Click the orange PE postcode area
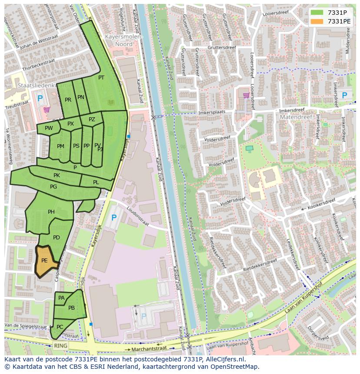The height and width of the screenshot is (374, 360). pyautogui.click(x=45, y=261)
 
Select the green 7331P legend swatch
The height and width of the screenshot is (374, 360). pyautogui.click(x=317, y=12)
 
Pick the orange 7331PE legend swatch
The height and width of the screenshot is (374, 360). pyautogui.click(x=317, y=21)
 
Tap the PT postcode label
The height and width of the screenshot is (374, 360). pyautogui.click(x=101, y=78)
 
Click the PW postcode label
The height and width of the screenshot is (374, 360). pyautogui.click(x=49, y=128)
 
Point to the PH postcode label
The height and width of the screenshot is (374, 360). pyautogui.click(x=51, y=212)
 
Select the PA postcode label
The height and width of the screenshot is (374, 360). pyautogui.click(x=61, y=298)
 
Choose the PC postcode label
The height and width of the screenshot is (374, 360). pyautogui.click(x=60, y=327)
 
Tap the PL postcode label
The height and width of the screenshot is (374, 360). pyautogui.click(x=96, y=182)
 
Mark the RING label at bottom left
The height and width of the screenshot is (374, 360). pyautogui.click(x=61, y=346)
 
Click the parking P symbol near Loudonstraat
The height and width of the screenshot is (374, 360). pyautogui.click(x=114, y=217)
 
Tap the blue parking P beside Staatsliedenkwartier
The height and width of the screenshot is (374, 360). pyautogui.click(x=40, y=99)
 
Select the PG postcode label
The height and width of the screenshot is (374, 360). pyautogui.click(x=53, y=187)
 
